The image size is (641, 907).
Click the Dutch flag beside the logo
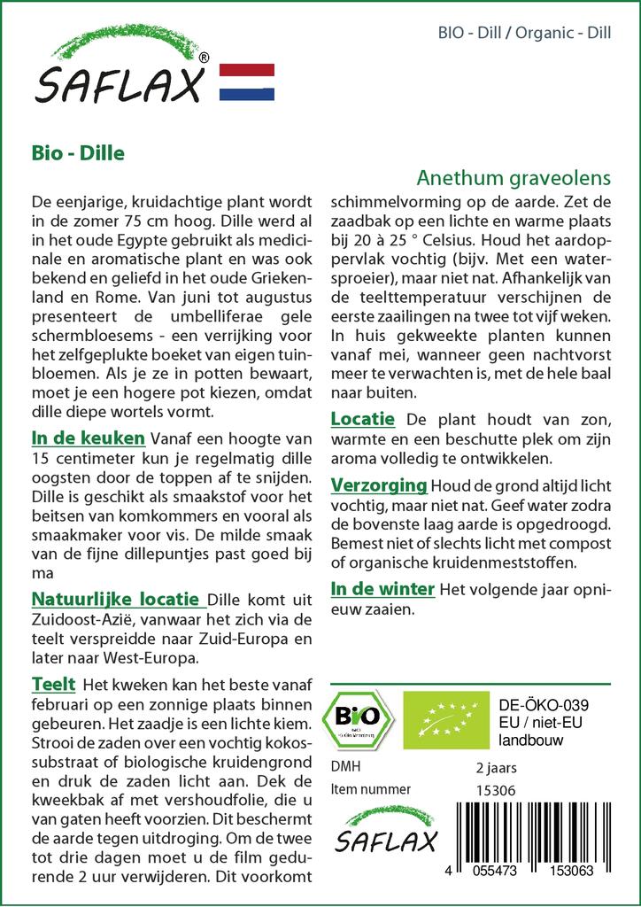pos(246,82)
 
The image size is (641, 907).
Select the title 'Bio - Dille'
pos(77,151)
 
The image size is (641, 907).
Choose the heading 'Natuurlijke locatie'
pos(114,600)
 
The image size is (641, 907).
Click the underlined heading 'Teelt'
pos(53,684)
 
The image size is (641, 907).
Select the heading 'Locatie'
pos(362,418)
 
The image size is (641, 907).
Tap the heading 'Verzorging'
pos(379,485)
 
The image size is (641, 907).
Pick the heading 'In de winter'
pos(382,588)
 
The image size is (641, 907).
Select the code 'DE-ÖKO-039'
pos(544,704)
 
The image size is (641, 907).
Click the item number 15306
pos(496,790)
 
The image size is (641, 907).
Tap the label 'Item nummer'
pos(370,789)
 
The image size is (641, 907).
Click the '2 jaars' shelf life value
pos(497,767)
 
